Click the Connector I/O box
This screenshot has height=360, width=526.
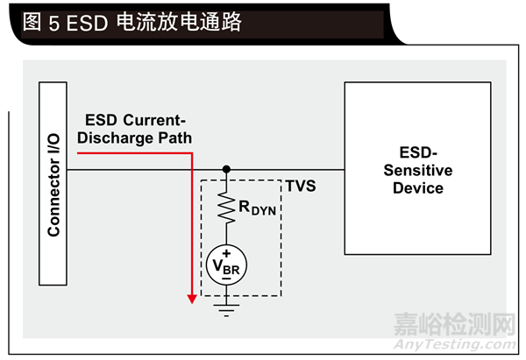pos(53,183)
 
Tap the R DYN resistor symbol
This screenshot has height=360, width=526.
pos(226,207)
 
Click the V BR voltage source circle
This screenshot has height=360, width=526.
pos(226,263)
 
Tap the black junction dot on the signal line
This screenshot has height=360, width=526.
pos(226,169)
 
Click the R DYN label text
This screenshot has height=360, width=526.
pos(259,208)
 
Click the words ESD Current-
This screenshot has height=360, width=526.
pos(136,119)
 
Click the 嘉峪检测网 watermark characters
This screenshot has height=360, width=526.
pos(455,323)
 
